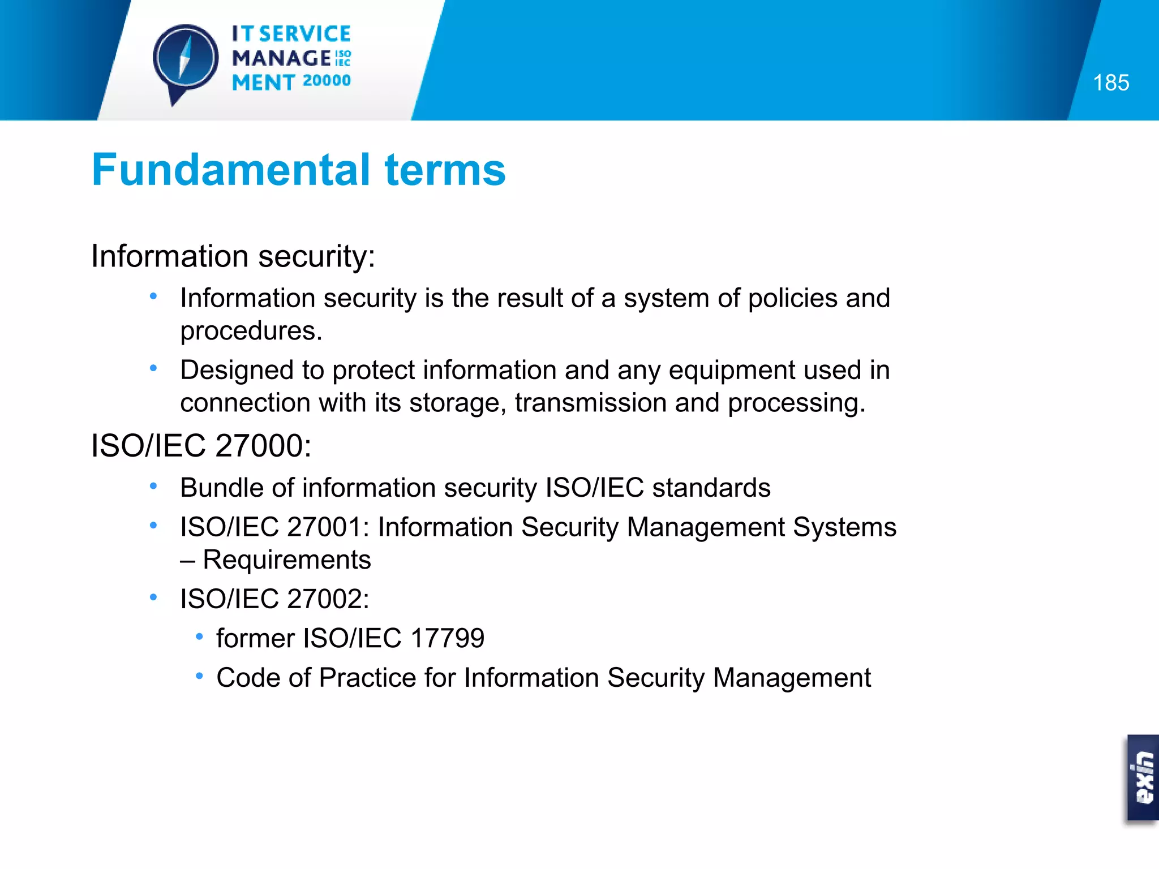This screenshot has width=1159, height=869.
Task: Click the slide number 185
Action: [1110, 83]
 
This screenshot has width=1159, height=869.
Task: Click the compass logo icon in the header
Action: [185, 59]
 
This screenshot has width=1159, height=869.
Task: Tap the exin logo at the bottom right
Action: [1143, 777]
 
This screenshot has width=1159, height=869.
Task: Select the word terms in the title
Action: [445, 170]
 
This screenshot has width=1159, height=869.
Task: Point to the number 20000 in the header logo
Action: [327, 81]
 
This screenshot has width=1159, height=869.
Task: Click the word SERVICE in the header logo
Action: [305, 34]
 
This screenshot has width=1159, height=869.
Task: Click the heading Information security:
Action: [233, 256]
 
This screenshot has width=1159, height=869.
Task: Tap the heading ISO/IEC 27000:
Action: [201, 446]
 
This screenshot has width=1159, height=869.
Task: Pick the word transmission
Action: [590, 403]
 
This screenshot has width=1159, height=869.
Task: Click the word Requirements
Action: [286, 560]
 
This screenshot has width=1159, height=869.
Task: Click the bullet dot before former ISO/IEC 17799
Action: [199, 637]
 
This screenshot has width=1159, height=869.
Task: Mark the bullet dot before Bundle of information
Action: [153, 486]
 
